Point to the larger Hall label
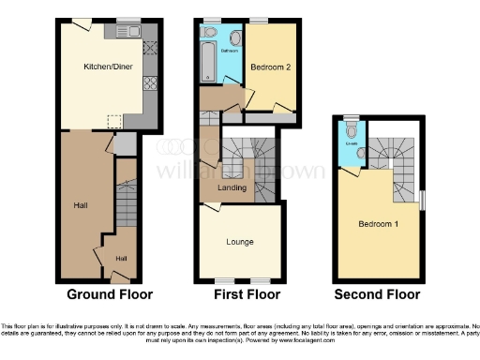click(x=82, y=203)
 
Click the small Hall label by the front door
click(x=121, y=258)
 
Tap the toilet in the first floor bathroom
click(x=210, y=33)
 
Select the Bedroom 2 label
click(x=267, y=67)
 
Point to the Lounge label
click(x=239, y=242)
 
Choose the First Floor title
click(x=240, y=292)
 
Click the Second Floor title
click(x=378, y=292)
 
